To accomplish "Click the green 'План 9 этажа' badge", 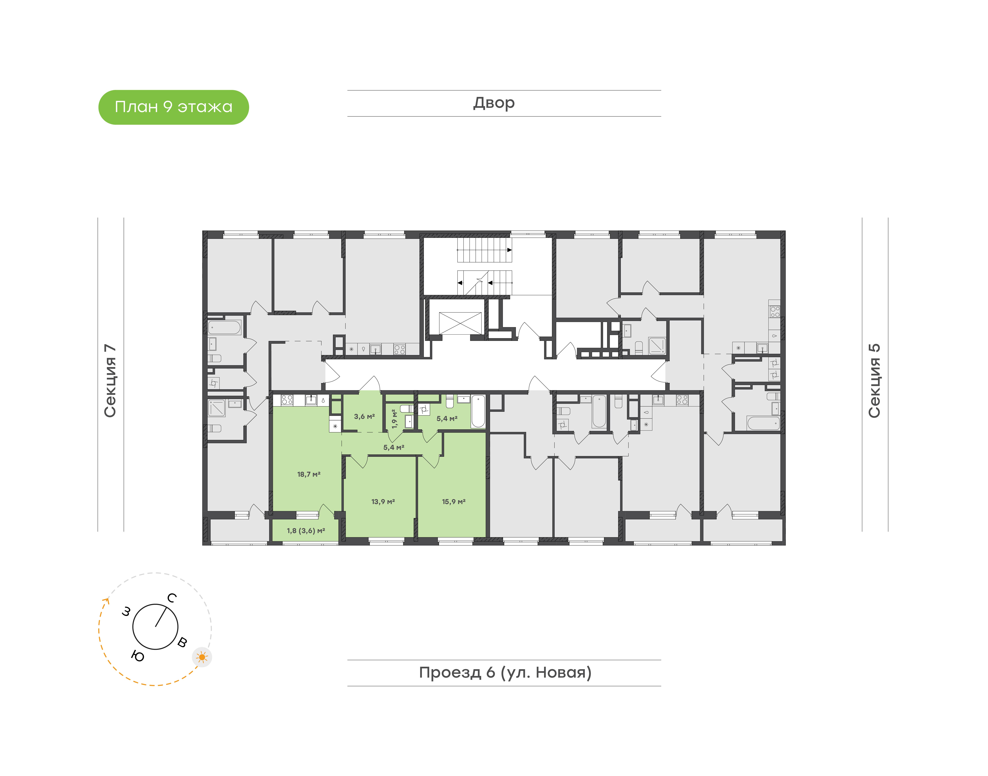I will (173, 107).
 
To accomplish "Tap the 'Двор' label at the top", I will (494, 103).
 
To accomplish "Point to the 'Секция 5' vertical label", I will (874, 381).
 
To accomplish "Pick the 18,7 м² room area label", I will (309, 474).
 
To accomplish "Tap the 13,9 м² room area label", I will (383, 502).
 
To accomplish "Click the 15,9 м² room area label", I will (453, 502).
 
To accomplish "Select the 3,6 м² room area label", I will (364, 416).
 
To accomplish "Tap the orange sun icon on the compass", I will (202, 657).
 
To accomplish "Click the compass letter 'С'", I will (172, 598).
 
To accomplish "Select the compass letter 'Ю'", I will (137, 656).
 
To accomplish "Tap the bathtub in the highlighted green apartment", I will (478, 411).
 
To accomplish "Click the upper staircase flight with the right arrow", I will (484, 250).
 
